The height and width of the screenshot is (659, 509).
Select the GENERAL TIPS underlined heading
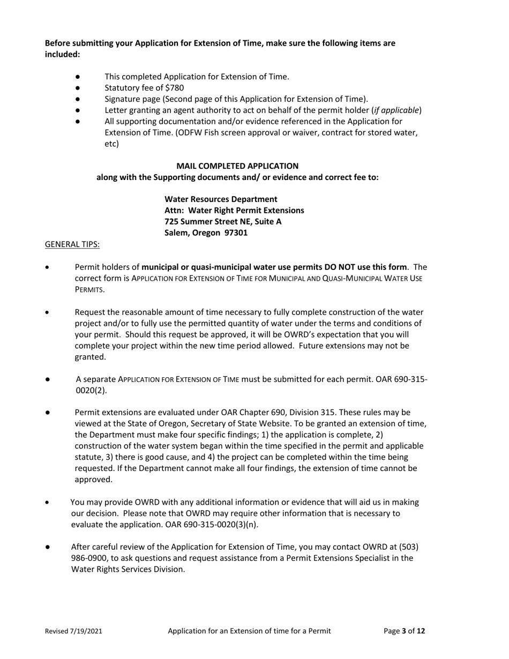coord(72,244)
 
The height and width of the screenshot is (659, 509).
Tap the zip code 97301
coord(236,233)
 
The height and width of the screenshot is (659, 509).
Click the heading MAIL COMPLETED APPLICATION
coord(237,166)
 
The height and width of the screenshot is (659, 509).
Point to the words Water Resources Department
coord(221,199)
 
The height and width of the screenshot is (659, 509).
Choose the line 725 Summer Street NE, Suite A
coord(223,222)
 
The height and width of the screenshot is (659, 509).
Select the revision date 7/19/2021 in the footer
coord(86,631)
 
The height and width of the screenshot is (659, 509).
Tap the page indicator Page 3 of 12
coord(405,631)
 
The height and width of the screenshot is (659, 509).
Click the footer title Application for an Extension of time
coord(249,631)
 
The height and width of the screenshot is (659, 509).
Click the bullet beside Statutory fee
coord(78,88)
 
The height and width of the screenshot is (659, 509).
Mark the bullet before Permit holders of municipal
coord(48,267)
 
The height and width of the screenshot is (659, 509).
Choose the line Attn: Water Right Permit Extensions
coord(234,211)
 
